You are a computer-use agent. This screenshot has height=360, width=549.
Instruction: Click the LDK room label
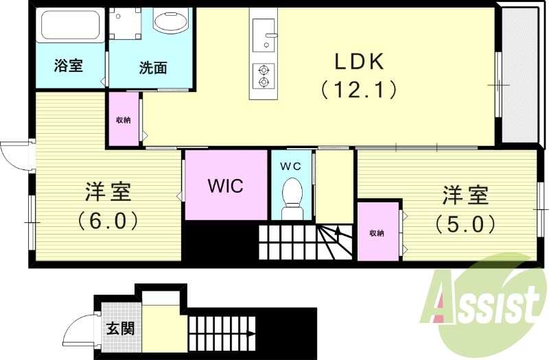(x=360, y=62)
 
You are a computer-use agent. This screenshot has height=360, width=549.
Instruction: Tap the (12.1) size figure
(x=358, y=90)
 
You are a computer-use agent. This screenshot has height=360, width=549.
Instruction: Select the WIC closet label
(x=226, y=186)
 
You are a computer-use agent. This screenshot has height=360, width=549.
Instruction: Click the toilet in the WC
(x=292, y=198)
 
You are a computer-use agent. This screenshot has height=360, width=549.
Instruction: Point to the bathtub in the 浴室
(x=71, y=25)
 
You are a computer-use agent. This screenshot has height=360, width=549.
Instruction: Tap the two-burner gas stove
(x=263, y=75)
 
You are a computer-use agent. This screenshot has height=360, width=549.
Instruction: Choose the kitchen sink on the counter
(x=264, y=36)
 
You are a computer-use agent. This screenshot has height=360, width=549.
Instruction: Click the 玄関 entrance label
(x=120, y=328)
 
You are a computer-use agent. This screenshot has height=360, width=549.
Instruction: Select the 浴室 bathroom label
(x=68, y=65)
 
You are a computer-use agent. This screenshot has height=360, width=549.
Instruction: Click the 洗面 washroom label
(x=152, y=67)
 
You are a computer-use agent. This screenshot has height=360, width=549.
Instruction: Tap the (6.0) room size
(x=108, y=220)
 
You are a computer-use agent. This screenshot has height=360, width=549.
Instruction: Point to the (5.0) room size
(x=465, y=224)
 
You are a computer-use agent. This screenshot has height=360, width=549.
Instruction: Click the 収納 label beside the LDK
(x=124, y=120)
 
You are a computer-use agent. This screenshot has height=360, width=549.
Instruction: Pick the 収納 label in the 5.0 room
(x=377, y=233)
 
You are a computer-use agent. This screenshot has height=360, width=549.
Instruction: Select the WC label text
(x=290, y=167)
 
